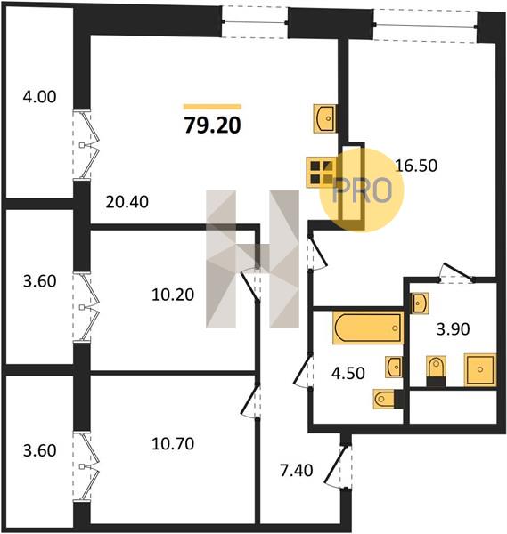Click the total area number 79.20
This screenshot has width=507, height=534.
tap(213, 125)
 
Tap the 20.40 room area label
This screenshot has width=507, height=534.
tap(127, 202)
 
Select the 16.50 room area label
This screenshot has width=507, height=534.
tap(416, 166)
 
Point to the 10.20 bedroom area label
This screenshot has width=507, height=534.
tap(173, 295)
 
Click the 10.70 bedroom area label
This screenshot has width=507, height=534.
tap(173, 444)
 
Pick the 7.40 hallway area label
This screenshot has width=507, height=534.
tap(297, 471)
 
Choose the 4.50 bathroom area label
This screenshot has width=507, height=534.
tap(348, 373)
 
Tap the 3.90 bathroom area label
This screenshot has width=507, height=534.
tap(454, 329)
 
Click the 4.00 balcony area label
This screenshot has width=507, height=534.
tap(39, 97)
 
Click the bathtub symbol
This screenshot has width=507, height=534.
tap(368, 328)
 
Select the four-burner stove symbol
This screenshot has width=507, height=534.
tap(321, 173)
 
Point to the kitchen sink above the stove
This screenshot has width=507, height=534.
tap(324, 118)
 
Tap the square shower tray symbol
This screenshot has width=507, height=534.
tap(479, 369)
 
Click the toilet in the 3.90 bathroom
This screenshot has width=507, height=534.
tap(436, 371)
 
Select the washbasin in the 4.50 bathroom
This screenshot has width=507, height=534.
tap(394, 367)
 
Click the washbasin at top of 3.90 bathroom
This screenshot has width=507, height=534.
tap(421, 303)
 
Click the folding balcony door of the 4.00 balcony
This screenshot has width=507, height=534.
tap(86, 145)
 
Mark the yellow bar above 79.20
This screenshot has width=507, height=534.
tap(212, 107)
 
